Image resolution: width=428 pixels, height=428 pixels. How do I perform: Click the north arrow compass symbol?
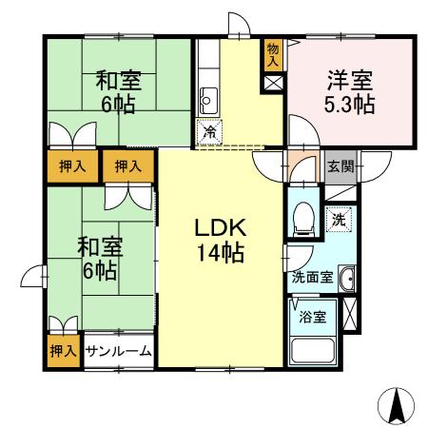pyautogui.click(x=398, y=406)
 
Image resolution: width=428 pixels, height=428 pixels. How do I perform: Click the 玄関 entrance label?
pyautogui.click(x=340, y=165)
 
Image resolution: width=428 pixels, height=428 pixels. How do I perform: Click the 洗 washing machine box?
pyautogui.click(x=340, y=219)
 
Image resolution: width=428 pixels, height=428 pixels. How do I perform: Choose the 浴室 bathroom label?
pyautogui.click(x=312, y=318)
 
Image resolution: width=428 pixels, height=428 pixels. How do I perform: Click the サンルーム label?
pyautogui.click(x=119, y=351)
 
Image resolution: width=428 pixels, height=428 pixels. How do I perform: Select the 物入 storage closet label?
pyautogui.click(x=273, y=54)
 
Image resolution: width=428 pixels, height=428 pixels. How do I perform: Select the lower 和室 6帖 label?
pyautogui.click(x=98, y=259)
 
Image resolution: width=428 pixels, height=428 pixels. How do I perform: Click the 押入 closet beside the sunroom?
pyautogui.click(x=64, y=351)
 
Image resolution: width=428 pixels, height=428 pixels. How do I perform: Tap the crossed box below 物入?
pyautogui.click(x=273, y=82)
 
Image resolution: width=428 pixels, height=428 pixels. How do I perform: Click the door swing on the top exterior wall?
pyautogui.click(x=237, y=26)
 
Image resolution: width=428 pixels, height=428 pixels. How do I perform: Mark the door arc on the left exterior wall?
pyautogui.click(x=35, y=277)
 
